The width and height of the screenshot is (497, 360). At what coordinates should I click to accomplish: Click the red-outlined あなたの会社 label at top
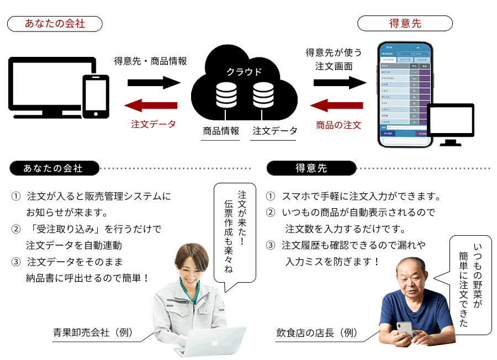click(x=55, y=24)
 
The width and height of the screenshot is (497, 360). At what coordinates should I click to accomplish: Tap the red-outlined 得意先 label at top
click(x=405, y=23)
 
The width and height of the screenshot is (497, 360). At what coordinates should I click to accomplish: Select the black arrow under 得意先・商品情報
click(x=154, y=83)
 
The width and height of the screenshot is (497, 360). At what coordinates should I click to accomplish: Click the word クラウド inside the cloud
click(x=244, y=72)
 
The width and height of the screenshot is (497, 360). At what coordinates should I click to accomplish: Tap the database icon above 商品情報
click(x=226, y=95)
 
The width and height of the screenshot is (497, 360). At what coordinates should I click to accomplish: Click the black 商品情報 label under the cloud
click(x=221, y=131)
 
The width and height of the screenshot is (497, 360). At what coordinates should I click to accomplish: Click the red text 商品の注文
click(x=339, y=125)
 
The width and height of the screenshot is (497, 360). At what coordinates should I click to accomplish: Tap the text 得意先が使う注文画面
click(x=334, y=60)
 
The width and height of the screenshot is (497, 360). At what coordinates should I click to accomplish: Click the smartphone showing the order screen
click(x=405, y=94)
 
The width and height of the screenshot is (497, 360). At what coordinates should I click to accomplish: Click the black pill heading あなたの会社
click(x=54, y=168)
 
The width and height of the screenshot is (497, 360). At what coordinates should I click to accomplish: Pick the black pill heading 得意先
click(x=312, y=168)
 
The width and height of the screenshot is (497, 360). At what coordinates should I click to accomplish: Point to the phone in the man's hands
click(x=405, y=328)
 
